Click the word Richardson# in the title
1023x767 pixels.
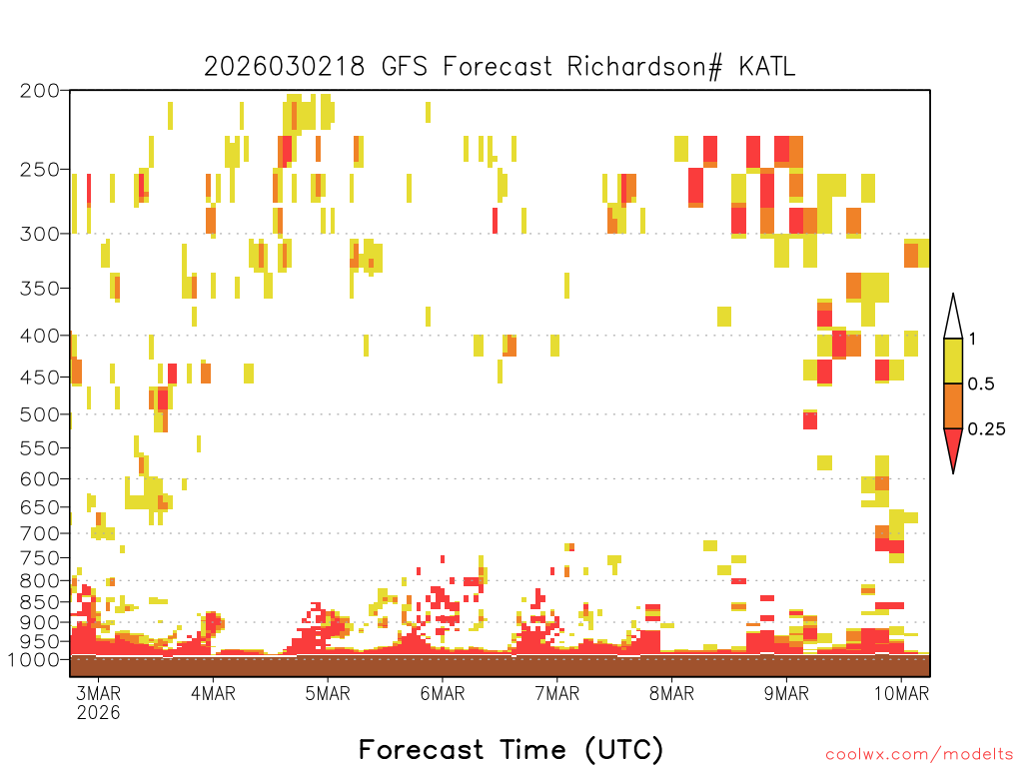644,67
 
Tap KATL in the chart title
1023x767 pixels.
767,67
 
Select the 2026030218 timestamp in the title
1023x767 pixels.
285,67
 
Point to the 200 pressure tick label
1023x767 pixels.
39,91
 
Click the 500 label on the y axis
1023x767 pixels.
39,414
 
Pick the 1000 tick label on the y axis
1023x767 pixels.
33,660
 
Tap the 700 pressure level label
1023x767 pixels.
39,533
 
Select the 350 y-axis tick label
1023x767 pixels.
39,289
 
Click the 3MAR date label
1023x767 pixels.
99,693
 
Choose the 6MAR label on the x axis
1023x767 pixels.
443,693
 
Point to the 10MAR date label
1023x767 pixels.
901,693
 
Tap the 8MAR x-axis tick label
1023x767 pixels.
671,693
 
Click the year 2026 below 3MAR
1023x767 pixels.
99,712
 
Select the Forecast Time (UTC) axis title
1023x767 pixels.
511,750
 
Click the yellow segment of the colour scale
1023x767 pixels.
953,361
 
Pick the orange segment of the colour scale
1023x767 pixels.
953,405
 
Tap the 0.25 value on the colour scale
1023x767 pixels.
986,429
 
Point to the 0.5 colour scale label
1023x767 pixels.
981,384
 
